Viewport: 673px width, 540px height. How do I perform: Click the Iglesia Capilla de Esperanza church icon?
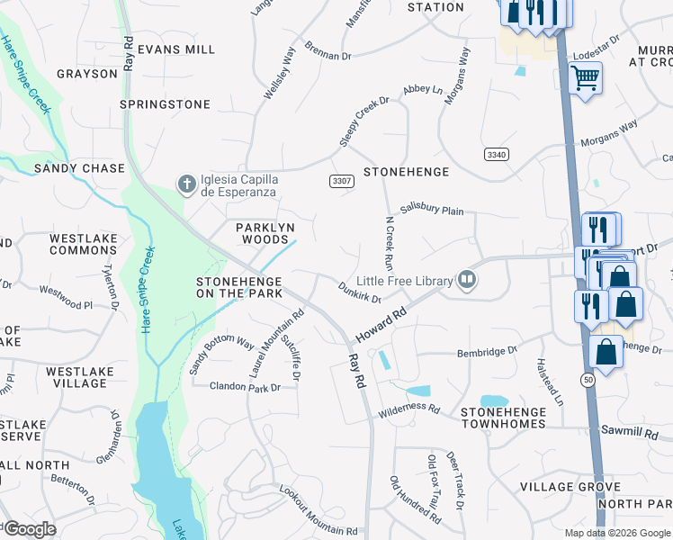[187, 185]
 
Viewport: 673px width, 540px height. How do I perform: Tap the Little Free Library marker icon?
[467, 281]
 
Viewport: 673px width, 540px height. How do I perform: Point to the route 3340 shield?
[495, 155]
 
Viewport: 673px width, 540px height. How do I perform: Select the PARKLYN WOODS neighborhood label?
[265, 235]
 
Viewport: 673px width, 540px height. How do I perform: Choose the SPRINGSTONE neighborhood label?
[165, 104]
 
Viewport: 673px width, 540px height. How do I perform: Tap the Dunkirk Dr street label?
[360, 291]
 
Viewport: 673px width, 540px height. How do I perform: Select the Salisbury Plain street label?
[432, 210]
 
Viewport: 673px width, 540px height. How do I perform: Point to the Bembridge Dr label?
[488, 353]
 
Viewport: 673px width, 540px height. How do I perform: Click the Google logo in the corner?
[31, 529]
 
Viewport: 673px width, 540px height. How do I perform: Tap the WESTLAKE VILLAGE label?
[76, 377]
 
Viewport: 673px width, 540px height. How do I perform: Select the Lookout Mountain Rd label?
[311, 511]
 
